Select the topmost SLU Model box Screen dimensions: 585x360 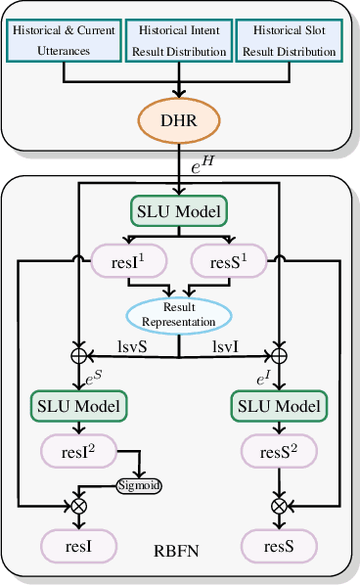click(179, 211)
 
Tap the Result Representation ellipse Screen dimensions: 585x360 click(179, 315)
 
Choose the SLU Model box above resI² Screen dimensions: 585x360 click(78, 404)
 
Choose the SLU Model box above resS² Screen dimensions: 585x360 click(279, 404)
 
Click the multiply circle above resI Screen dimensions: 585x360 click(77, 505)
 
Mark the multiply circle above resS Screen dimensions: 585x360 click(280, 505)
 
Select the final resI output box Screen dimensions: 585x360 click(78, 545)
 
